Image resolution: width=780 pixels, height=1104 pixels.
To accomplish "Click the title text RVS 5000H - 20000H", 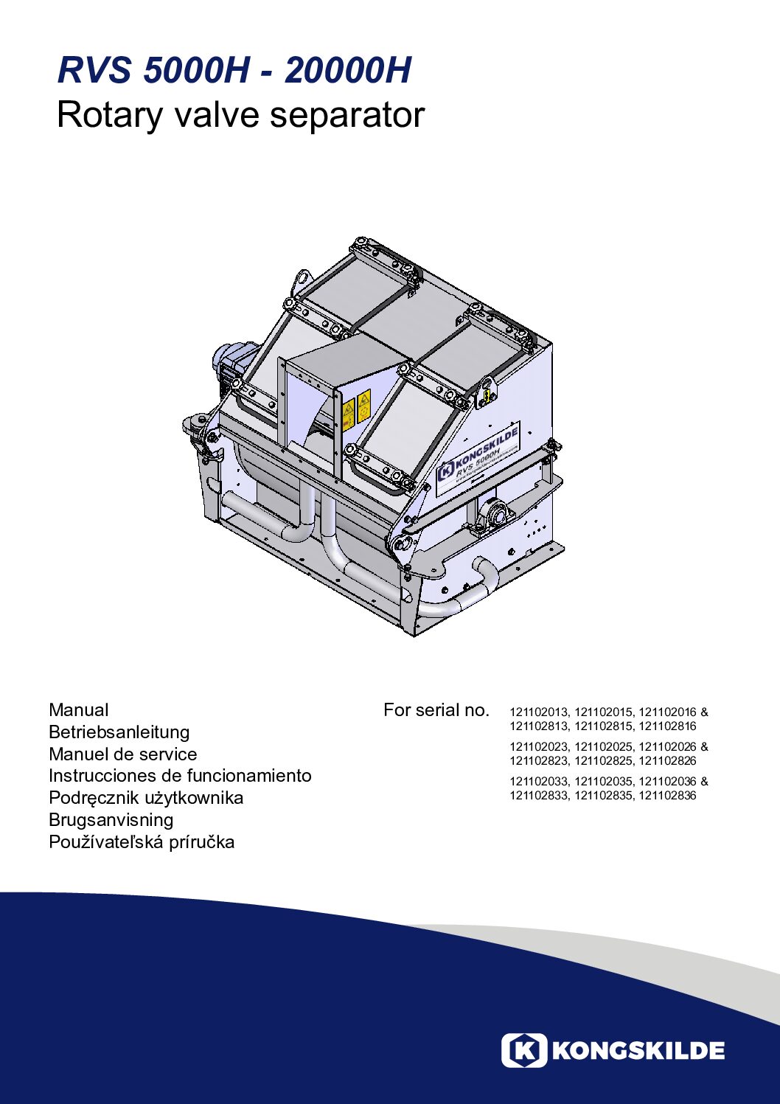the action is [x=234, y=71].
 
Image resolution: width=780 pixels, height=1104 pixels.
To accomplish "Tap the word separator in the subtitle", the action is [x=347, y=116].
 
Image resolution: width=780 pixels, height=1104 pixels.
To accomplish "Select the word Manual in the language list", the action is [x=79, y=709].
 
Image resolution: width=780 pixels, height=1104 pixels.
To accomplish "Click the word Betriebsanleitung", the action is [x=119, y=732].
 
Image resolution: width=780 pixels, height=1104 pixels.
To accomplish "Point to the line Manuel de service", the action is [x=122, y=754].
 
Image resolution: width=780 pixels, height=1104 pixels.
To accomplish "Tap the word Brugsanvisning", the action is [x=111, y=819].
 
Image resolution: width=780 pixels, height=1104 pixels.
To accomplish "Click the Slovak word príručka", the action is [x=201, y=842].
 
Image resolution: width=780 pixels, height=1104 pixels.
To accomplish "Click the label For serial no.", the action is [x=436, y=709].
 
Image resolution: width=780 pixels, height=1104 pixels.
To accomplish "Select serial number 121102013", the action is [x=539, y=712].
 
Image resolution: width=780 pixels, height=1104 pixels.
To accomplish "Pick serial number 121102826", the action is [x=668, y=760].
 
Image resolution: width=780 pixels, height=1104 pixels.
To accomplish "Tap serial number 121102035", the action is [x=604, y=781].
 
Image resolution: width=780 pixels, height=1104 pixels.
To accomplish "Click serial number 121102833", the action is [x=539, y=795].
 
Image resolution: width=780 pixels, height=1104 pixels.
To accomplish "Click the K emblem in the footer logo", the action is [x=524, y=1051].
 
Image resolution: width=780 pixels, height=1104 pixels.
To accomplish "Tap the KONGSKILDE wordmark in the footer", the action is [x=638, y=1051].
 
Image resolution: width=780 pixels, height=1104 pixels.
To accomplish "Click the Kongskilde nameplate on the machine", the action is [x=478, y=459].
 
